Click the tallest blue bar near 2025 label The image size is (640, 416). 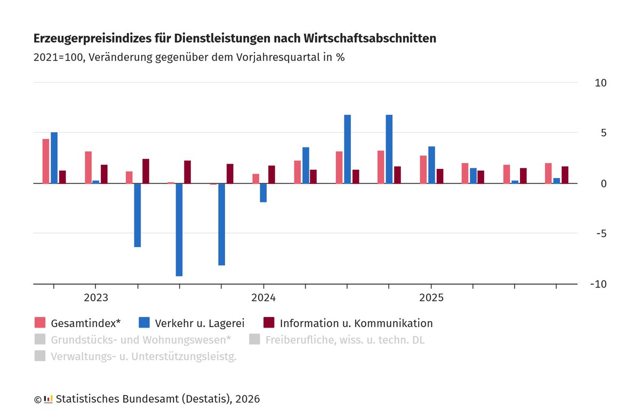tap(389, 149)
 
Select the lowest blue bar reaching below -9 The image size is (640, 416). tap(179, 230)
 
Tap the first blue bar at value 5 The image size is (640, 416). tap(54, 158)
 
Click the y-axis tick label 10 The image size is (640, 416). tap(601, 83)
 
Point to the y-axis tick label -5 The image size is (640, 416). tap(601, 233)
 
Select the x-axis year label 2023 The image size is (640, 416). tap(96, 297)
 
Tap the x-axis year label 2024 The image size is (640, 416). tap(263, 297)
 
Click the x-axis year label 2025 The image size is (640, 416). tap(431, 297)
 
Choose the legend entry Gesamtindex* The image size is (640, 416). tap(85, 323)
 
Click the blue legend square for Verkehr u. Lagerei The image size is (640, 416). tap(143, 323)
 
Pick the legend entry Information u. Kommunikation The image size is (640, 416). tap(356, 323)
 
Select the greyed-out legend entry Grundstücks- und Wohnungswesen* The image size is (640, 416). tap(141, 340)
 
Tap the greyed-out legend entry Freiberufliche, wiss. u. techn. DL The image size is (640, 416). tap(345, 340)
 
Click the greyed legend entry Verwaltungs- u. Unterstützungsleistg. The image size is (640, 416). tap(143, 357)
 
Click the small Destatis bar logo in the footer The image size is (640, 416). tap(49, 399)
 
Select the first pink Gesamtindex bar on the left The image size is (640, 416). tap(46, 161)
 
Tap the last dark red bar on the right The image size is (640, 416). tap(565, 175)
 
